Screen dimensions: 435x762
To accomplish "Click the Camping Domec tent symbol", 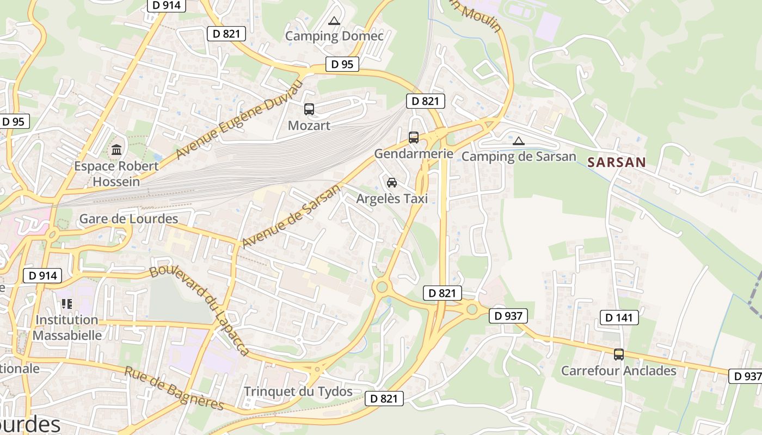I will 334,21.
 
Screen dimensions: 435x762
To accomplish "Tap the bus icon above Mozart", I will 309,109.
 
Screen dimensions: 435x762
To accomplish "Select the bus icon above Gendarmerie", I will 414,138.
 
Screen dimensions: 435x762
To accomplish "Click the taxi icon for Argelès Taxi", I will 392,183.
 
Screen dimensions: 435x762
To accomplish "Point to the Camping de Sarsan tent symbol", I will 519,141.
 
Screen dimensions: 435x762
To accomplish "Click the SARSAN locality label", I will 617,162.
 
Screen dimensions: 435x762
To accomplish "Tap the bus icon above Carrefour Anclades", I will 619,355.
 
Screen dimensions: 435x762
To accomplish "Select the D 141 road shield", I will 619,318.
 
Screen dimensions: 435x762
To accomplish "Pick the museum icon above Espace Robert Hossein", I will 116,150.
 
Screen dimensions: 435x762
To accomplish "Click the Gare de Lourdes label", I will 128,219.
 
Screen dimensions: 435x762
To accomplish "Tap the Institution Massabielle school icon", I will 67,303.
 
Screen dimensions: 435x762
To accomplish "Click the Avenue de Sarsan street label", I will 292,215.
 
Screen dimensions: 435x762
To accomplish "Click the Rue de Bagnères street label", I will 174,389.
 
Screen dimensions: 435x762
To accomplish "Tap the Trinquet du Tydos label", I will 298,391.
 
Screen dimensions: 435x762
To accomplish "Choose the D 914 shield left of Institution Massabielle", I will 42,276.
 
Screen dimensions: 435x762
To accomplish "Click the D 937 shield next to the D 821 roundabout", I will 508,315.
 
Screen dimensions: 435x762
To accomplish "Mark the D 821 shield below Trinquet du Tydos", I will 384,399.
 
